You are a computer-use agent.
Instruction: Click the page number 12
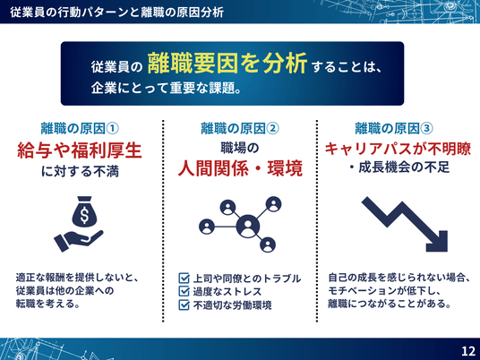click(468, 351)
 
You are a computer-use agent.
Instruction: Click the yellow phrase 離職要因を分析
click(227, 64)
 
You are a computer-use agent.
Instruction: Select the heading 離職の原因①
click(80, 129)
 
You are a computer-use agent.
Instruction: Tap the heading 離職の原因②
click(240, 129)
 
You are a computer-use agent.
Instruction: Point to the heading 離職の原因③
click(394, 129)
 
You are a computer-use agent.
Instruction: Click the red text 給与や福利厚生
click(80, 150)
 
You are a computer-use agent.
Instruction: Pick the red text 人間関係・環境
click(240, 168)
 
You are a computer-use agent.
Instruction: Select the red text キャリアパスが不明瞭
click(398, 149)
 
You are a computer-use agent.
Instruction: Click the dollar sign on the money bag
click(84, 215)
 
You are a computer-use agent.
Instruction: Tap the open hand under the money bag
click(79, 240)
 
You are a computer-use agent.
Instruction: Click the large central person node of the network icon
click(248, 227)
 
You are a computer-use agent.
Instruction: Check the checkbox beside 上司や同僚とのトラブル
click(184, 279)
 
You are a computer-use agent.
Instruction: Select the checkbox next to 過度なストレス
click(184, 291)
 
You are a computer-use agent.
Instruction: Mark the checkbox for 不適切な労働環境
click(184, 304)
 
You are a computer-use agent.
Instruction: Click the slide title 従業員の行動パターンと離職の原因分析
click(117, 13)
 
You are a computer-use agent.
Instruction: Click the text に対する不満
click(80, 172)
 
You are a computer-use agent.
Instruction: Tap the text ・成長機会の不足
click(399, 167)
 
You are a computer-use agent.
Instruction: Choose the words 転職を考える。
click(47, 304)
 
